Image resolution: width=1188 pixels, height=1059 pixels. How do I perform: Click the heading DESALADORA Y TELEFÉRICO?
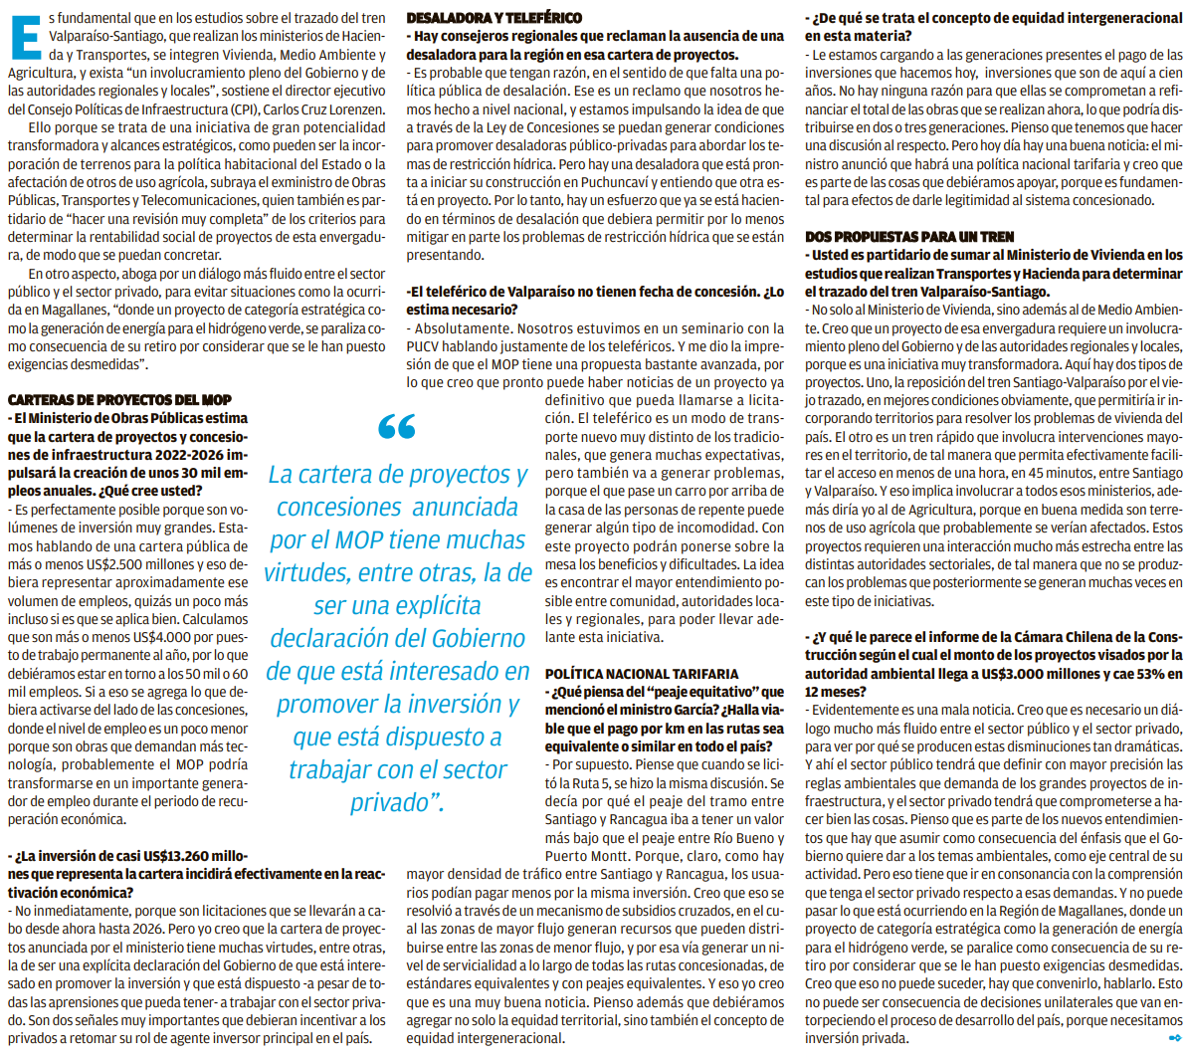point(495,17)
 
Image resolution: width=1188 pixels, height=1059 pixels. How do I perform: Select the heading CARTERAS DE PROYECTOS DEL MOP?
point(119,399)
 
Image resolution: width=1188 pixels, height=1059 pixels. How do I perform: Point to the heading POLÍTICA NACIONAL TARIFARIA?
point(642,674)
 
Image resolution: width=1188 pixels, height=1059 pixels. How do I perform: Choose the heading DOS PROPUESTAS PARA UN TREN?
point(909,236)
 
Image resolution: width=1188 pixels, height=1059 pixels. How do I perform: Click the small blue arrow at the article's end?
point(1174,1039)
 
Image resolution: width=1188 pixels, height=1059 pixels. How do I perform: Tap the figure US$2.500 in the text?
point(149,564)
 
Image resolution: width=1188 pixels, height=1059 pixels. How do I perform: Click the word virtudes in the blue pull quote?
point(307,573)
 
